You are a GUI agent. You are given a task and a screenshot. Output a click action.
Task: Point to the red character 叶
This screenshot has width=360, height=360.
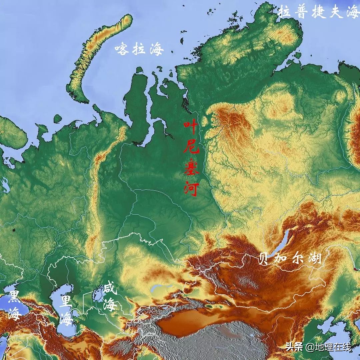pyautogui.click(x=191, y=128)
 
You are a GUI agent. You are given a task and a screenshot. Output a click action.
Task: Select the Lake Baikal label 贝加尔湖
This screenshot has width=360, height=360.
pyautogui.click(x=290, y=258)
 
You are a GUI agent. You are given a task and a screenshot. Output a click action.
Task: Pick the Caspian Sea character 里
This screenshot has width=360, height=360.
pyautogui.click(x=66, y=303)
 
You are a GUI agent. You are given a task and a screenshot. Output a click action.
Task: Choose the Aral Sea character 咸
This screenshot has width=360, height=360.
pyautogui.click(x=110, y=289)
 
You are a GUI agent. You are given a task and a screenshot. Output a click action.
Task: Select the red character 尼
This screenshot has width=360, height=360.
pyautogui.click(x=191, y=148)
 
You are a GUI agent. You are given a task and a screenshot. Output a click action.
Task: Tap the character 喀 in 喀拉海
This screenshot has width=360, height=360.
pyautogui.click(x=122, y=49)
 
